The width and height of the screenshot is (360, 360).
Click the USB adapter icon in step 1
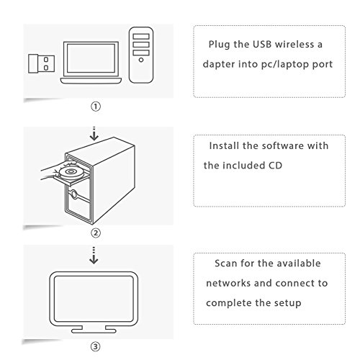point(41,63)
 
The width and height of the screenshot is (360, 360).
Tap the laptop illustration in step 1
point(91,63)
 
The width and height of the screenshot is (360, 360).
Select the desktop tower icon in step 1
point(141,55)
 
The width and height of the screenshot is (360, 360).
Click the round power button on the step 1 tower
point(141,60)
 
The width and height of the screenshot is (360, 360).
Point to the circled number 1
point(96,107)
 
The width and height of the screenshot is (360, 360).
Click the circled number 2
point(96,233)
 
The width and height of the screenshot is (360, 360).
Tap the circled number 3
point(95,346)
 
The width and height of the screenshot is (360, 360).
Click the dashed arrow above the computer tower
point(94,133)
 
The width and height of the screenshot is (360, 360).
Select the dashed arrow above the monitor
point(94,256)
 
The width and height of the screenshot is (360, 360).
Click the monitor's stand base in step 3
point(94,330)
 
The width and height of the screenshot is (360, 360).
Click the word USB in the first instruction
point(262,44)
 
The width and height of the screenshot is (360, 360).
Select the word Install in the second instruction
point(224,145)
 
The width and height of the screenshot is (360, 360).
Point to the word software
point(282,145)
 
